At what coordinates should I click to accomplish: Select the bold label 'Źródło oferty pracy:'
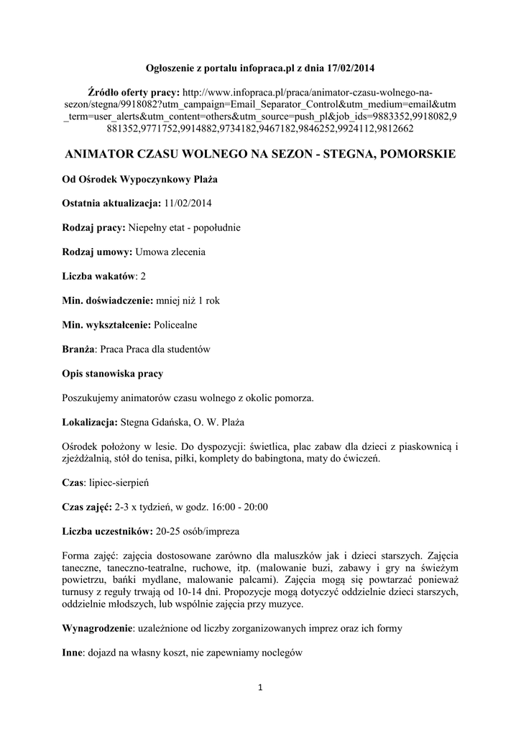tap(134, 93)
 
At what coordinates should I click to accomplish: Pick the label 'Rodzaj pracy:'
tap(93, 228)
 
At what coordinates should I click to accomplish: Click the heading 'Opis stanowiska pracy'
tap(111, 374)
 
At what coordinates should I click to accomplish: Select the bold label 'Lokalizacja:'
tap(89, 423)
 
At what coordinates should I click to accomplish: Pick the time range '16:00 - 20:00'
tap(239, 507)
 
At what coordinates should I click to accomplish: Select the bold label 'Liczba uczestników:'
tap(106, 532)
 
